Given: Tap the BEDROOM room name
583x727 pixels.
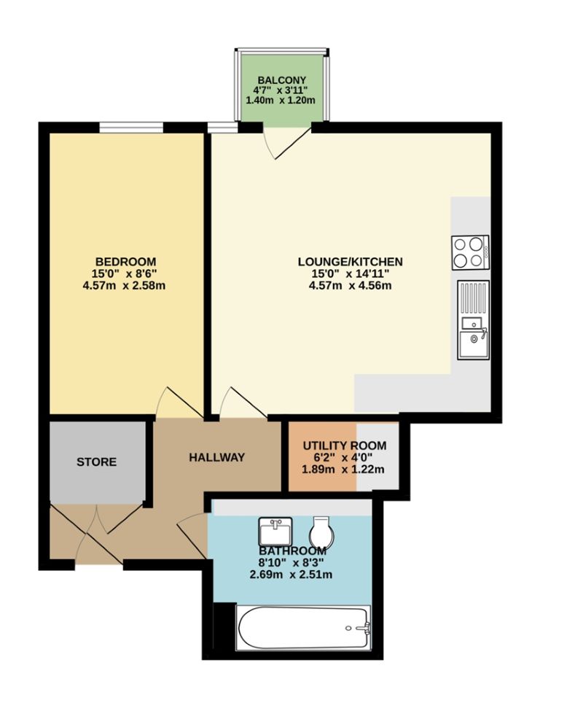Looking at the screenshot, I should coord(125,261).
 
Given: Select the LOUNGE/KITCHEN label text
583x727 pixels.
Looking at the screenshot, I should coord(350,261).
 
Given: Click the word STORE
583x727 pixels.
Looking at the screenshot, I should coord(97,462).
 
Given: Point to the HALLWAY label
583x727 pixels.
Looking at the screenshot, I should coord(216,457).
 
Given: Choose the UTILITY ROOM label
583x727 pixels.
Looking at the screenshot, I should coord(344,446).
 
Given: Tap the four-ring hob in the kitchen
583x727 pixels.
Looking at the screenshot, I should coord(470,252).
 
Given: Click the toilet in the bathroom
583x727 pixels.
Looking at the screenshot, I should coord(323,532).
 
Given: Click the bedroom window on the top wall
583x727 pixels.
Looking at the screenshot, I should coord(131,128).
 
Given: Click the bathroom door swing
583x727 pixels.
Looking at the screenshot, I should coord(192,534).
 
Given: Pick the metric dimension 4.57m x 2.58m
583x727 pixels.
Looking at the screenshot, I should coord(125,285).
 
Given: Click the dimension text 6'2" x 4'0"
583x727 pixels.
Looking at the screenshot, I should coord(344,457).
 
